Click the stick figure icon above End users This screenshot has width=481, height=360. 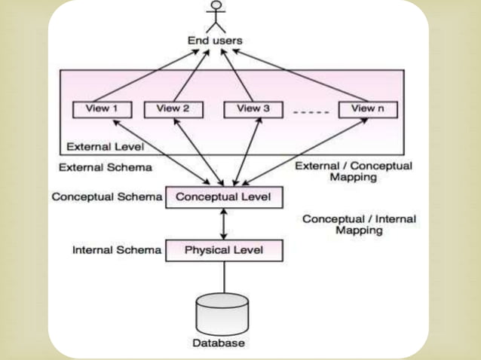click(x=217, y=16)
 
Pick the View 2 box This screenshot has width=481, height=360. click(x=173, y=109)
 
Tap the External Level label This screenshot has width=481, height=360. click(x=105, y=145)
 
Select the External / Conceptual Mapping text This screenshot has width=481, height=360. click(x=354, y=172)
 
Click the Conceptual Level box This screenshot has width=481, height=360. click(x=223, y=197)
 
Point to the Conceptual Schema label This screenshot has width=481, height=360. click(x=106, y=197)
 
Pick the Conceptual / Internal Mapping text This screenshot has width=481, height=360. click(x=359, y=224)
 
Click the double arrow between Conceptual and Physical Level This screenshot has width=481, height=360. click(x=224, y=224)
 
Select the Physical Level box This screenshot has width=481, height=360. click(x=224, y=250)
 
